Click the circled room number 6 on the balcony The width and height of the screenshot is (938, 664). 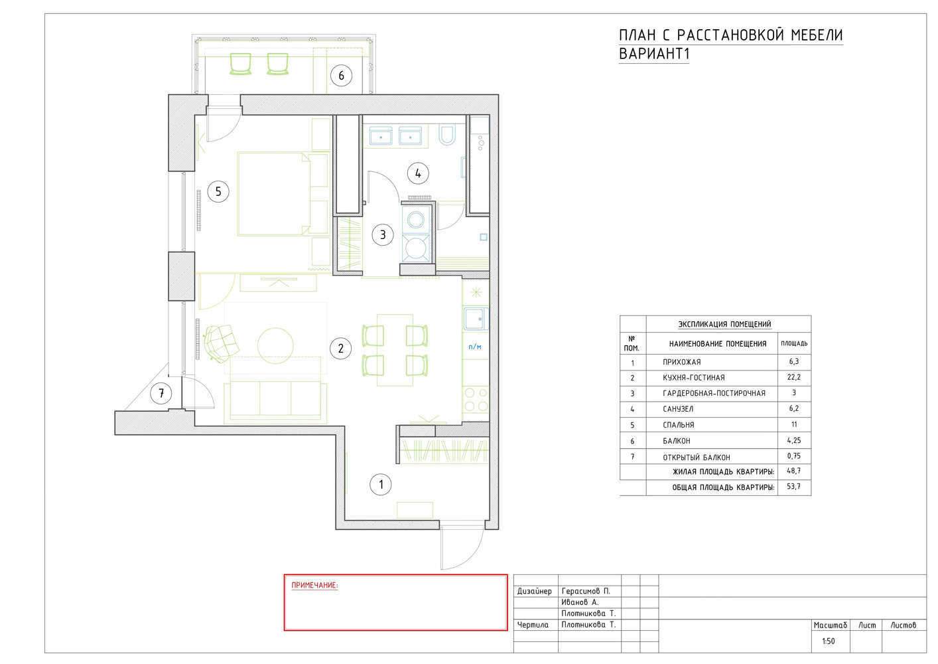(341, 76)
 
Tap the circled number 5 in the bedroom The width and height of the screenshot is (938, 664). (218, 192)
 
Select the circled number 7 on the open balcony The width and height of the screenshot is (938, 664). (161, 393)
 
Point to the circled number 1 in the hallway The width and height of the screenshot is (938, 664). (381, 485)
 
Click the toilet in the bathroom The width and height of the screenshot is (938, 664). (447, 134)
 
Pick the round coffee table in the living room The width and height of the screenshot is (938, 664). (275, 345)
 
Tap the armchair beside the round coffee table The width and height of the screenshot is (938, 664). (221, 343)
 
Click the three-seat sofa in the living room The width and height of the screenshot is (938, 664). (275, 400)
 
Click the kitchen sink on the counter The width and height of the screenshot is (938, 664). (476, 319)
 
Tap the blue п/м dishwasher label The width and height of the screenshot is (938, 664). (475, 347)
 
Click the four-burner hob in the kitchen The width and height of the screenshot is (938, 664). (476, 399)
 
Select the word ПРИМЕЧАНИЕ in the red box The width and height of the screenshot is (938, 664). (314, 585)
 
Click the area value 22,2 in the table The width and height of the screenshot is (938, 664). (793, 377)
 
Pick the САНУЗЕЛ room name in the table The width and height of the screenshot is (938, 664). (678, 409)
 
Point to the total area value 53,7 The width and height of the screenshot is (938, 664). (793, 486)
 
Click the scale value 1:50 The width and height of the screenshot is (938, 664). (829, 641)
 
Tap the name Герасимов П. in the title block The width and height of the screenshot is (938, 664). (586, 591)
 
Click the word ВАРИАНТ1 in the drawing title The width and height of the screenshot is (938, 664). (653, 54)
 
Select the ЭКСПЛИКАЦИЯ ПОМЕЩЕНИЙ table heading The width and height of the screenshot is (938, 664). (724, 324)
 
